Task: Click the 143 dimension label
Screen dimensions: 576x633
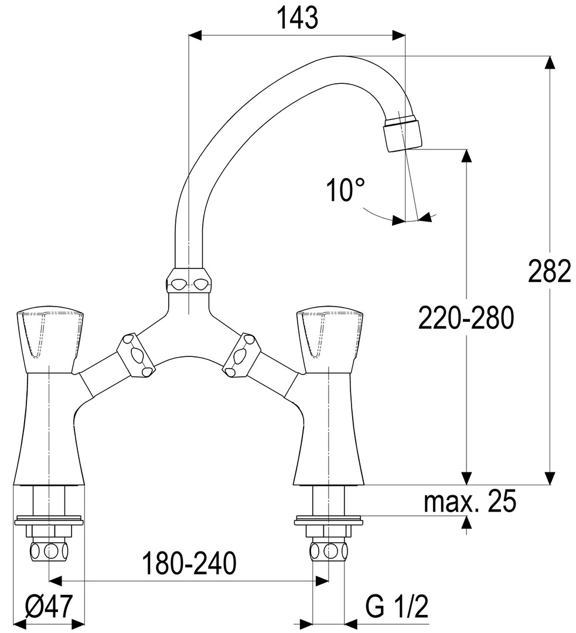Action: (x=298, y=18)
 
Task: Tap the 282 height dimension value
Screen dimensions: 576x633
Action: (x=550, y=271)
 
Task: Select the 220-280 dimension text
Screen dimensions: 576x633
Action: (x=466, y=318)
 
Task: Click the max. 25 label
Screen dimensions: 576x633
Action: (x=470, y=501)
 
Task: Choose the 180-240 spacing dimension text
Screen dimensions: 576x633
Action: (x=189, y=564)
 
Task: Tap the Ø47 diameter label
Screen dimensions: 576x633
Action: (x=49, y=606)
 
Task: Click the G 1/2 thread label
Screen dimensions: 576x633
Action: (x=397, y=606)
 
